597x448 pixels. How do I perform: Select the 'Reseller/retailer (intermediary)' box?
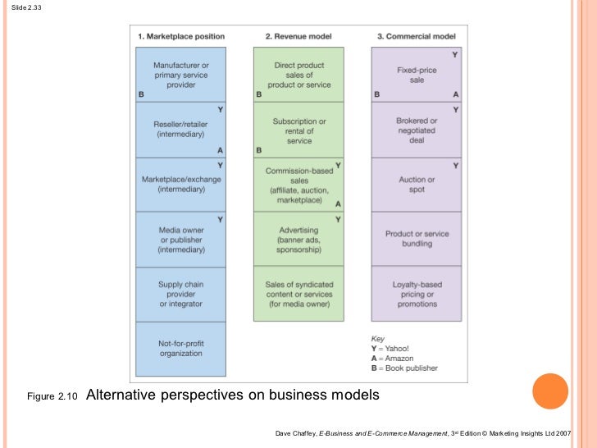click(181, 130)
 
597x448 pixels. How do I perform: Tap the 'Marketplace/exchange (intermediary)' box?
click(181, 185)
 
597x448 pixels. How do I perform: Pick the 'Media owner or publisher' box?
click(181, 239)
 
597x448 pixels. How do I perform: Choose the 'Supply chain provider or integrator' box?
click(181, 294)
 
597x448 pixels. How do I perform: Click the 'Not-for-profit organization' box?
click(181, 348)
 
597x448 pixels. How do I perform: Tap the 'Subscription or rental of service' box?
click(299, 130)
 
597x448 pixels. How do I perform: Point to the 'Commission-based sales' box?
click(299, 185)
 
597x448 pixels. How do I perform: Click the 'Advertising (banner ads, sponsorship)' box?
click(299, 239)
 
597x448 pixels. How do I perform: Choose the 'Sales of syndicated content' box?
click(299, 294)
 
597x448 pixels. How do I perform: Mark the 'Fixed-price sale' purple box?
click(417, 75)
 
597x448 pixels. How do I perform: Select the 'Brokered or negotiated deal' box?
click(417, 130)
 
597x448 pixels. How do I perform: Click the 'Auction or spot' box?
click(417, 185)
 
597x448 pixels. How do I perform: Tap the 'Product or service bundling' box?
click(417, 239)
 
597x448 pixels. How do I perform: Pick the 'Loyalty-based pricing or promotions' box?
click(417, 294)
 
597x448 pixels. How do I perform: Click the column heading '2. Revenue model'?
click(298, 37)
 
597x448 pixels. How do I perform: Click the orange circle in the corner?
click(550, 391)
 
